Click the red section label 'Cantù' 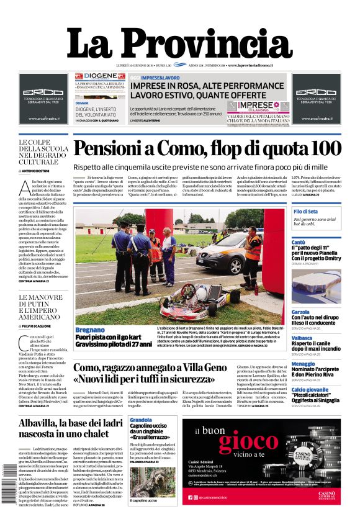coord(299,242)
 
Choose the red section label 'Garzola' coord(300,312)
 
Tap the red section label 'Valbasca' coord(302,338)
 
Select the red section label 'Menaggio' coord(303,364)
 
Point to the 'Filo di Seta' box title coord(305,212)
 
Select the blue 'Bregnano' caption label coord(91,330)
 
